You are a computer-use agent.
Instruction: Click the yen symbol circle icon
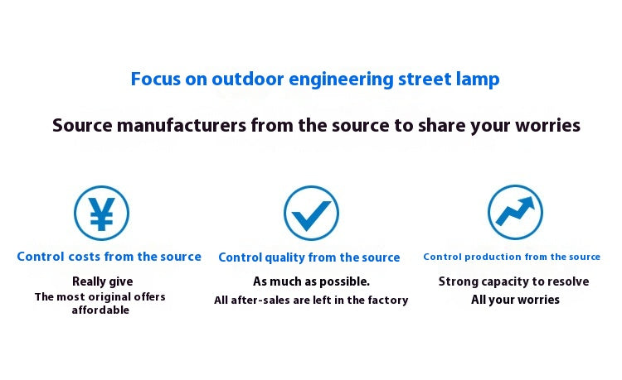coord(101,214)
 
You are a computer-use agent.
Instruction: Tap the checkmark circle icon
coord(311,214)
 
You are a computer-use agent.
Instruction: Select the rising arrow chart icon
coord(515,212)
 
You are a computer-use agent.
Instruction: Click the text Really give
coord(102,281)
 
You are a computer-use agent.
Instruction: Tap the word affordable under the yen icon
coord(100,310)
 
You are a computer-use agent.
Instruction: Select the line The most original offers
coord(100,296)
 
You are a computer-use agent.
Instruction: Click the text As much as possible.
coord(311,281)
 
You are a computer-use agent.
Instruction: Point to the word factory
coord(386,300)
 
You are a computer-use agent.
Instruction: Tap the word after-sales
coord(264,300)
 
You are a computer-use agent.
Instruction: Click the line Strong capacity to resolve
coord(514,281)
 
